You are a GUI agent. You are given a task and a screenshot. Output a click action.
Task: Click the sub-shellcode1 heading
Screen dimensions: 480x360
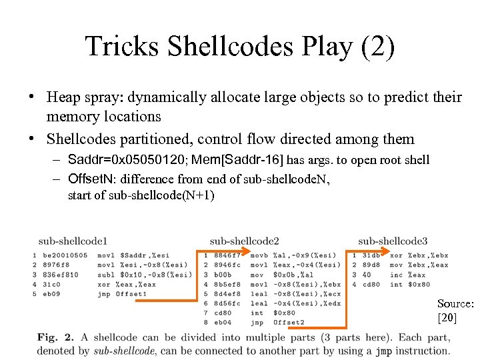[73, 241]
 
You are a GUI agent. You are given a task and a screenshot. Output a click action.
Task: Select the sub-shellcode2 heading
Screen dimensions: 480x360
[244, 241]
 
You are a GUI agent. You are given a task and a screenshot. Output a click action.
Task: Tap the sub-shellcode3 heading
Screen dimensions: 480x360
[393, 241]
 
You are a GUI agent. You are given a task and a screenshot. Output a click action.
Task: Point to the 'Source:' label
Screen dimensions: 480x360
[455, 304]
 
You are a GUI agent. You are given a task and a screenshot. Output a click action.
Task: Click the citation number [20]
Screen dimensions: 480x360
[447, 318]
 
